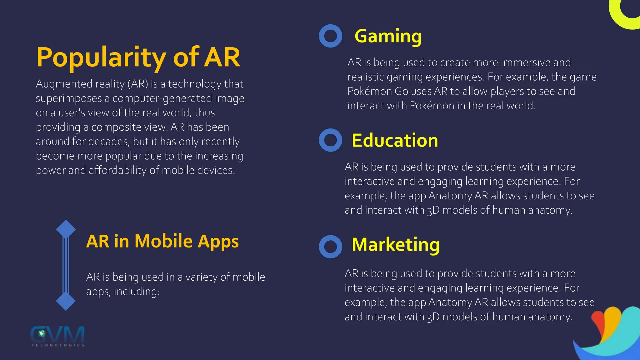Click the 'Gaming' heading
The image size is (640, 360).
pyautogui.click(x=388, y=36)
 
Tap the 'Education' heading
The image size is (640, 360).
pyautogui.click(x=395, y=140)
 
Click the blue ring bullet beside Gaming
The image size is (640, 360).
pyautogui.click(x=330, y=36)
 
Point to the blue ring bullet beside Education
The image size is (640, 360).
pyautogui.click(x=330, y=140)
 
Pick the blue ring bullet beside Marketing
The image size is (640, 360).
pyautogui.click(x=330, y=247)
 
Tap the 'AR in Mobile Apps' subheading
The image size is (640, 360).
pyautogui.click(x=162, y=241)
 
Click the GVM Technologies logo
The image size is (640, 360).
pyautogui.click(x=58, y=336)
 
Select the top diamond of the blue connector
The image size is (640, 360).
pyautogui.click(x=66, y=229)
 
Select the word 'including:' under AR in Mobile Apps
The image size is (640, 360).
pyautogui.click(x=137, y=292)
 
